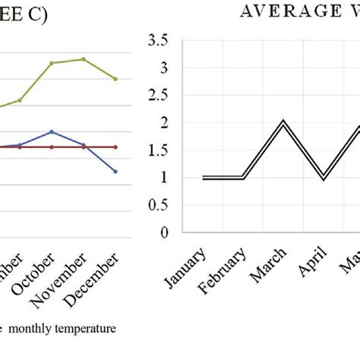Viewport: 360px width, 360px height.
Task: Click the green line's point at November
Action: [x=84, y=59]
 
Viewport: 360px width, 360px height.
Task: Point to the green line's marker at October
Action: [x=52, y=63]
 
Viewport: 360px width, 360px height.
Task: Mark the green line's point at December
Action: [x=115, y=79]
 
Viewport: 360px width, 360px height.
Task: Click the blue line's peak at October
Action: [x=52, y=131]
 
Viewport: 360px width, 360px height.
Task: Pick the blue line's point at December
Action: [x=115, y=172]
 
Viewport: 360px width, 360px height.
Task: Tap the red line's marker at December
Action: [x=115, y=147]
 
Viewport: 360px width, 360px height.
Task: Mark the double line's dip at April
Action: [x=323, y=178]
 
